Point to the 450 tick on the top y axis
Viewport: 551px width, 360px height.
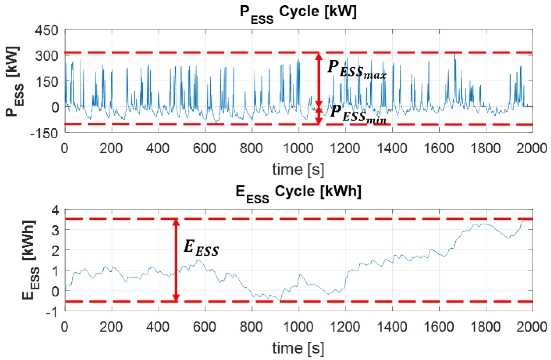(47, 30)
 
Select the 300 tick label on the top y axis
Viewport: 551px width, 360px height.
(47, 56)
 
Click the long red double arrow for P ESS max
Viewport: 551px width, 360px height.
(318, 79)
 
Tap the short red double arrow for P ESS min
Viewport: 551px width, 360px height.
(318, 115)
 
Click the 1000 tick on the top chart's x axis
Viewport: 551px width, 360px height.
(298, 148)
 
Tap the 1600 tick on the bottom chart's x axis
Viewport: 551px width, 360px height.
(438, 327)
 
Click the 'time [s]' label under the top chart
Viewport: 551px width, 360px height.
(298, 169)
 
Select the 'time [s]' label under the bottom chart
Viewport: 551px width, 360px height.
(298, 348)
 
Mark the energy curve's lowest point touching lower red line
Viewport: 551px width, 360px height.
(280, 300)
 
